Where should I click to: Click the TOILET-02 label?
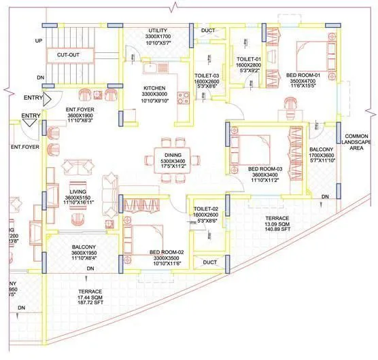[x=205, y=208]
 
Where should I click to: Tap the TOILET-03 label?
[x=205, y=76]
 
